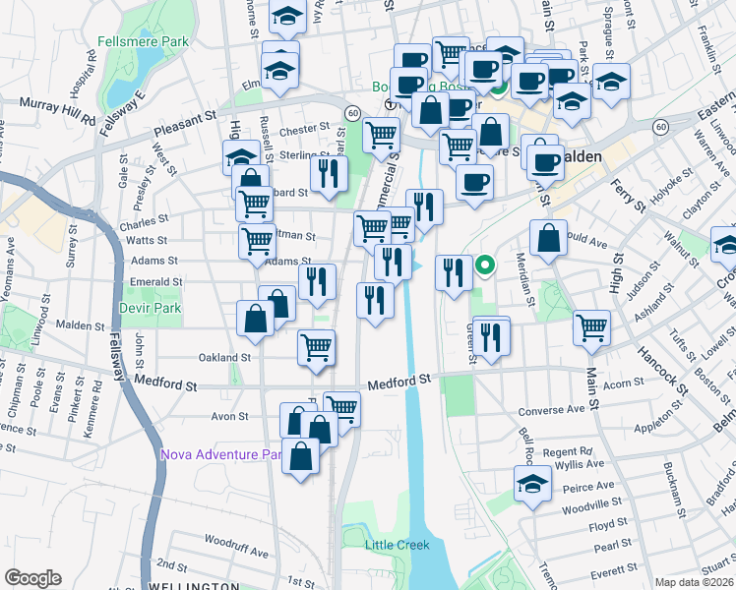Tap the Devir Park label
click(145, 307)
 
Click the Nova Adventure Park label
click(221, 454)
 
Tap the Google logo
click(32, 578)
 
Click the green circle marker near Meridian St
click(484, 265)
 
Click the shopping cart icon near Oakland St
click(317, 347)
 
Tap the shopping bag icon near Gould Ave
click(548, 237)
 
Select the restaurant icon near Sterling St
click(329, 174)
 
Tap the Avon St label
click(229, 416)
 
